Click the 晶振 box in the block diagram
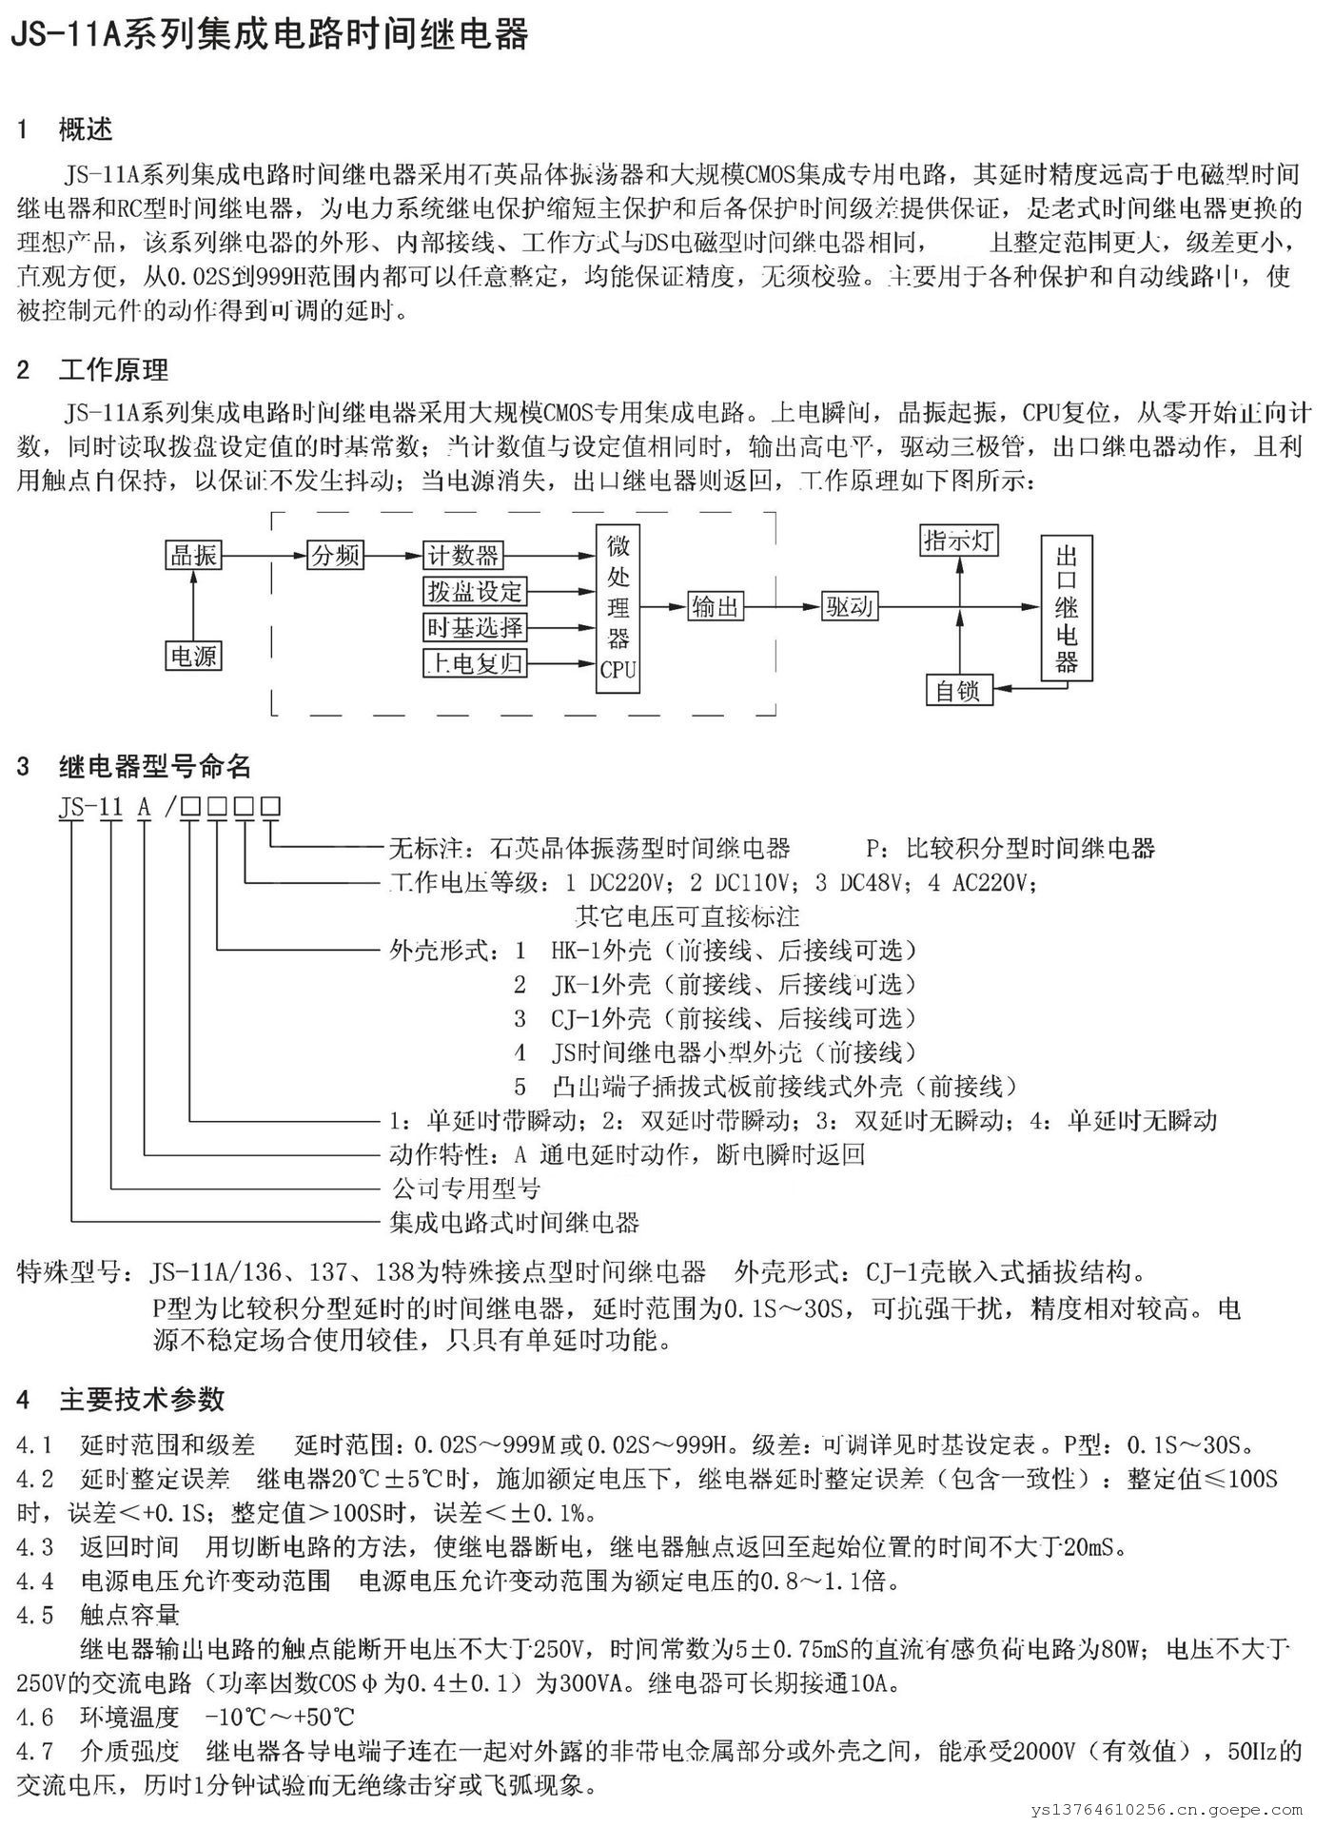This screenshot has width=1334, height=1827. click(194, 555)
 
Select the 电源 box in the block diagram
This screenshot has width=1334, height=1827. click(194, 656)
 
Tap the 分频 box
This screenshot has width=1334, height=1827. click(336, 555)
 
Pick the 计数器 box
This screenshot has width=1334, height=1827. click(463, 555)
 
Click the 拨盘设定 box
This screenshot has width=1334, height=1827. click(475, 591)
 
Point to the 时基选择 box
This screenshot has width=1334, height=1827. click(475, 627)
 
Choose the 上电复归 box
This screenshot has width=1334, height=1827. click(475, 663)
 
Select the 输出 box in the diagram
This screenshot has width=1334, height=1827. click(716, 606)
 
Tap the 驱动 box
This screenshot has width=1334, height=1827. click(850, 606)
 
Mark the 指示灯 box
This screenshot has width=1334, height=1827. click(959, 540)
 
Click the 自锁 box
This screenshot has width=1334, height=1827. click(959, 690)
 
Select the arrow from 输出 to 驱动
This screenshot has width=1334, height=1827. click(783, 606)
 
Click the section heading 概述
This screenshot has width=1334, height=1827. click(86, 129)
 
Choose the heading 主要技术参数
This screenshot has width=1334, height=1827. click(142, 1399)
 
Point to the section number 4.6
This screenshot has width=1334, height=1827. click(35, 1717)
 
